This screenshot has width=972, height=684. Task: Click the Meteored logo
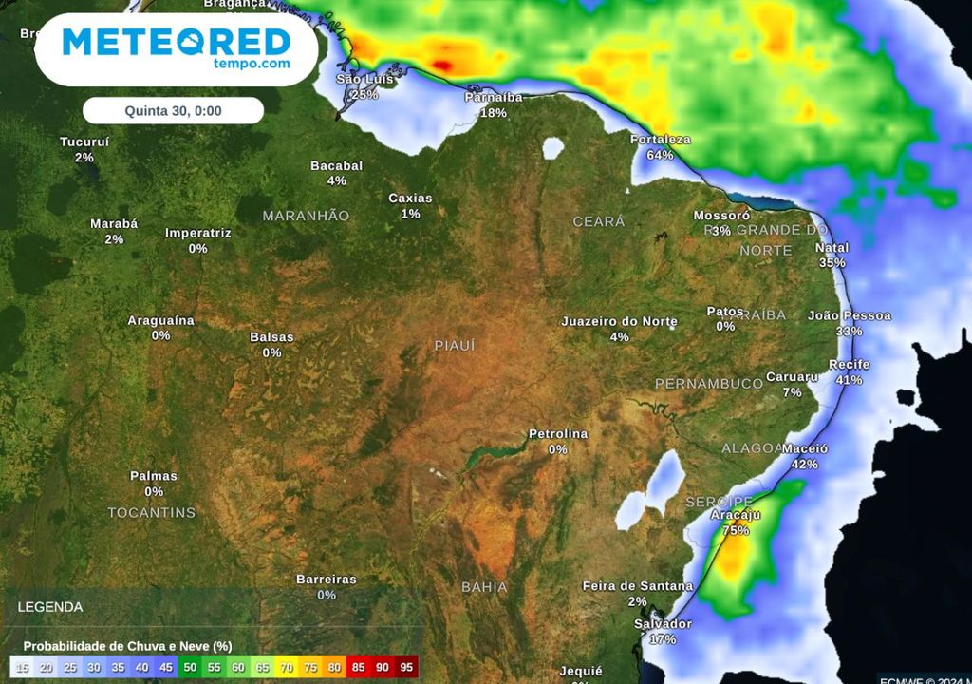pyautogui.click(x=177, y=47)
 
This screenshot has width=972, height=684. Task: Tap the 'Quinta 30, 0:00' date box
pyautogui.click(x=173, y=111)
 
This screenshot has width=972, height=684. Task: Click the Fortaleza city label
pyautogui.click(x=661, y=140)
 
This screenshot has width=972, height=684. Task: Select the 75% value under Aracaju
pyautogui.click(x=736, y=531)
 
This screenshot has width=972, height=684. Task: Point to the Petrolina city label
pyautogui.click(x=558, y=434)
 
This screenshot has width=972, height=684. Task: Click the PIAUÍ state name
pyautogui.click(x=455, y=346)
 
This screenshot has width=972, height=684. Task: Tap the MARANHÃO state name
pyautogui.click(x=306, y=216)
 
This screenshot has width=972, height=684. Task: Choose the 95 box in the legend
pyautogui.click(x=406, y=668)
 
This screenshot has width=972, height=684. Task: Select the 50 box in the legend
pyautogui.click(x=190, y=668)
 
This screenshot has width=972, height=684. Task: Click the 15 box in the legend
pyautogui.click(x=22, y=668)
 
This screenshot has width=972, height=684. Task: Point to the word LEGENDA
pyautogui.click(x=50, y=607)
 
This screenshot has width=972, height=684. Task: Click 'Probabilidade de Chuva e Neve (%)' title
pyautogui.click(x=128, y=645)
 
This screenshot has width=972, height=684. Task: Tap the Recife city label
pyautogui.click(x=849, y=365)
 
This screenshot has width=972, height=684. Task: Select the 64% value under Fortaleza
pyautogui.click(x=660, y=155)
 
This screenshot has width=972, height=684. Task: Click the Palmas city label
pyautogui.click(x=154, y=476)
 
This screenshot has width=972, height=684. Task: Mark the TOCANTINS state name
pyautogui.click(x=152, y=513)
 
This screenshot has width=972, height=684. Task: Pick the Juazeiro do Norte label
pyautogui.click(x=619, y=321)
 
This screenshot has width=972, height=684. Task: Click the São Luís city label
pyautogui.click(x=364, y=79)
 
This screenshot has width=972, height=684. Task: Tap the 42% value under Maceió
pyautogui.click(x=805, y=465)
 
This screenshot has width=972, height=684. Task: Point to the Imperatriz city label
pyautogui.click(x=198, y=233)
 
